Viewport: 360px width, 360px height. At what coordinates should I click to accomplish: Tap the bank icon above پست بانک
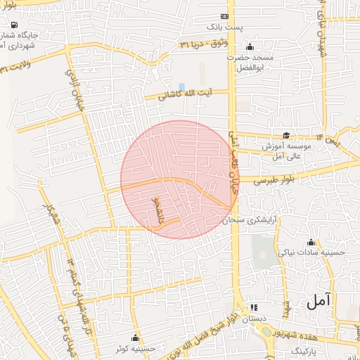225,16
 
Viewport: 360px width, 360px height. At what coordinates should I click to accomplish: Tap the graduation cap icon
285,136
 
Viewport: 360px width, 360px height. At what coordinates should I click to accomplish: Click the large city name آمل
319,302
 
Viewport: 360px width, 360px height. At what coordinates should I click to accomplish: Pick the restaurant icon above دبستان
254,307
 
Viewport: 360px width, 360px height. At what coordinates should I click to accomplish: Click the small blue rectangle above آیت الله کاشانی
181,86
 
